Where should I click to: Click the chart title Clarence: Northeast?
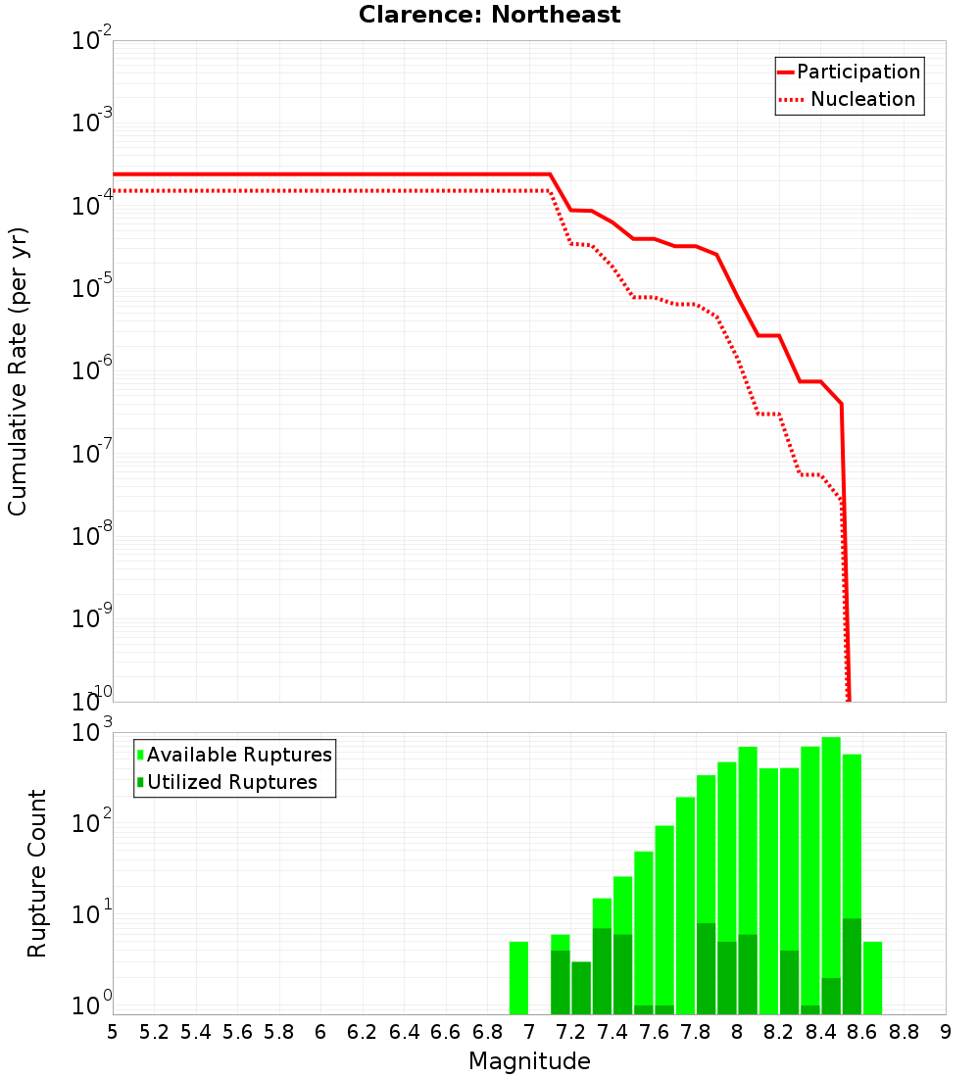click(489, 15)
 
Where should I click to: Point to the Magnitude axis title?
click(529, 1061)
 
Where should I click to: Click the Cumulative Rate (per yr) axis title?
click(18, 371)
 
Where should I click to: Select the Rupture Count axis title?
click(36, 873)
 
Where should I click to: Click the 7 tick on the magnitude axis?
click(529, 1032)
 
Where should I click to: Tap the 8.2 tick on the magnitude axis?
click(779, 1032)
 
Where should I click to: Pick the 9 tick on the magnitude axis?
click(946, 1032)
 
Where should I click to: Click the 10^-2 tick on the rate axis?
click(91, 41)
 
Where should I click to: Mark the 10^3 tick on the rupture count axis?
click(91, 733)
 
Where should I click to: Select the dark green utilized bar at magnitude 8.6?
click(852, 966)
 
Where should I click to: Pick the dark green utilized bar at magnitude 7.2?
click(581, 988)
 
